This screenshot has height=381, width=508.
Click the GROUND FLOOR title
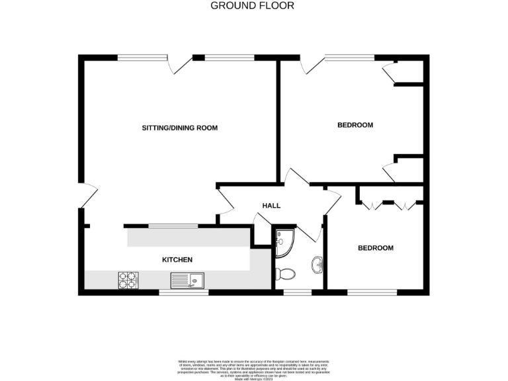click(x=252, y=6)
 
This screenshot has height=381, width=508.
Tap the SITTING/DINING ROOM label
click(x=180, y=128)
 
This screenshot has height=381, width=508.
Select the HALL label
click(x=271, y=206)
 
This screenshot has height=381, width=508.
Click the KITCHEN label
click(x=177, y=260)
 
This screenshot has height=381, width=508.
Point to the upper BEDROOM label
click(x=355, y=125)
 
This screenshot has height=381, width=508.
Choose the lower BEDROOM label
click(x=375, y=248)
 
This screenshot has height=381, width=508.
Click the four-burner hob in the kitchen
click(x=128, y=280)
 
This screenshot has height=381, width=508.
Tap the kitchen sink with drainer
click(x=189, y=280)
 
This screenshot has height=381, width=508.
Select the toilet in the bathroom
click(x=285, y=273)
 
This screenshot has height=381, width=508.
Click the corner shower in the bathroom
click(x=284, y=243)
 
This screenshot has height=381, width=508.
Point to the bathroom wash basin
click(x=318, y=266)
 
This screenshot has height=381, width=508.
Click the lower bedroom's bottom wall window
click(x=372, y=291)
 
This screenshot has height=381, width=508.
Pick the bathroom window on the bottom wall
click(x=298, y=291)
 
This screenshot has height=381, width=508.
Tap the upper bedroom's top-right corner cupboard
click(x=407, y=71)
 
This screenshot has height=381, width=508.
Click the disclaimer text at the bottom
click(x=253, y=368)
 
